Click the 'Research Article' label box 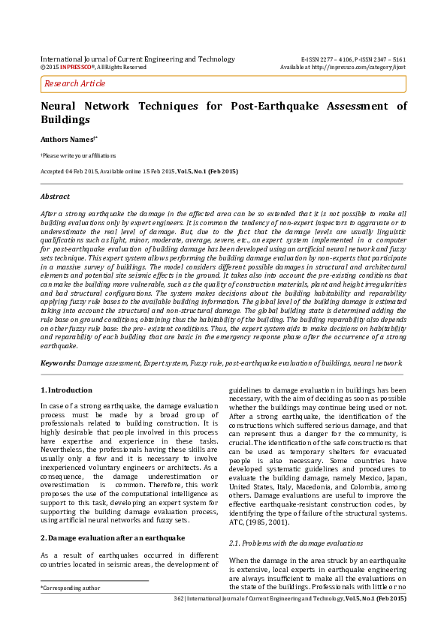tap(75, 84)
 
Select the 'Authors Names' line tap(69, 139)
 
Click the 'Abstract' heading tap(55, 197)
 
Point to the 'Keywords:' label tap(58, 363)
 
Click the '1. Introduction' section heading tap(66, 390)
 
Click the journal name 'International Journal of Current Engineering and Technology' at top tap(137, 59)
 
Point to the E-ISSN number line tap(353, 59)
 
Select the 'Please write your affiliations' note tap(79, 155)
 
